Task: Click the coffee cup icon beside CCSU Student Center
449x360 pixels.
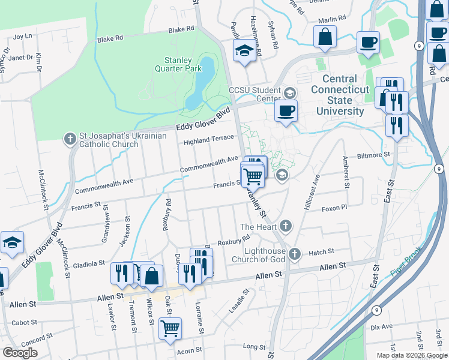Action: [x=286, y=110]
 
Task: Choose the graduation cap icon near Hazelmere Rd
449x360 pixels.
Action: [x=244, y=51]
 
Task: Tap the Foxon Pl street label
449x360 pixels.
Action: [x=334, y=208]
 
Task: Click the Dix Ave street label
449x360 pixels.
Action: [x=381, y=327]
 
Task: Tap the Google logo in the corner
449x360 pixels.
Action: [x=20, y=353]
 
